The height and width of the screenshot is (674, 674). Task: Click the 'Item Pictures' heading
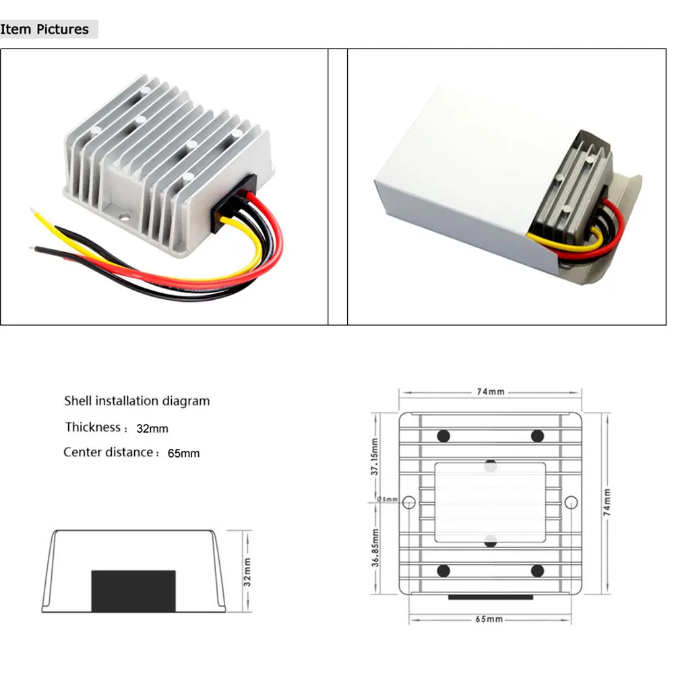tap(44, 29)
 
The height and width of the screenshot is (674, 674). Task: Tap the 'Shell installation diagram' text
tap(137, 401)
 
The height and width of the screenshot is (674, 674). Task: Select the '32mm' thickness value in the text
tap(152, 429)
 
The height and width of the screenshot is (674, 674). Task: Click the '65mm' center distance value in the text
tap(183, 454)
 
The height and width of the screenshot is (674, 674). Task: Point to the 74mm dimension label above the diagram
tap(491, 392)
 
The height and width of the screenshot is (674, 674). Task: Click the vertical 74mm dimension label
tap(607, 502)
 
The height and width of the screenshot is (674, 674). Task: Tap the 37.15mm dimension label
tap(374, 456)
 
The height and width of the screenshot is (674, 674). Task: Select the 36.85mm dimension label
tap(375, 547)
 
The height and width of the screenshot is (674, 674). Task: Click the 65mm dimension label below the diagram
tap(489, 619)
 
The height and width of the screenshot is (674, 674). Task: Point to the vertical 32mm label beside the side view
tap(247, 572)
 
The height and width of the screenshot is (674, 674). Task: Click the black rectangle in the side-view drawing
tap(133, 591)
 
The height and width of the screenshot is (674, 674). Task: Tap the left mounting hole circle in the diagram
tap(409, 502)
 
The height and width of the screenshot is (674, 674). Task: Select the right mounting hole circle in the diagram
tap(571, 502)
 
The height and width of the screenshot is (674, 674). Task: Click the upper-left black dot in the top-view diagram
tap(443, 436)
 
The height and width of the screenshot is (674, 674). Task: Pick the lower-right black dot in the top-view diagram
tap(537, 571)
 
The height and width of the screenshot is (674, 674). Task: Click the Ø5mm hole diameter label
tap(388, 499)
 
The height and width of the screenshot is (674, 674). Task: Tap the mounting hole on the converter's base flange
tap(124, 218)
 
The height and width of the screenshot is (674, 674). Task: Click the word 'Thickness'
tap(93, 427)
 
